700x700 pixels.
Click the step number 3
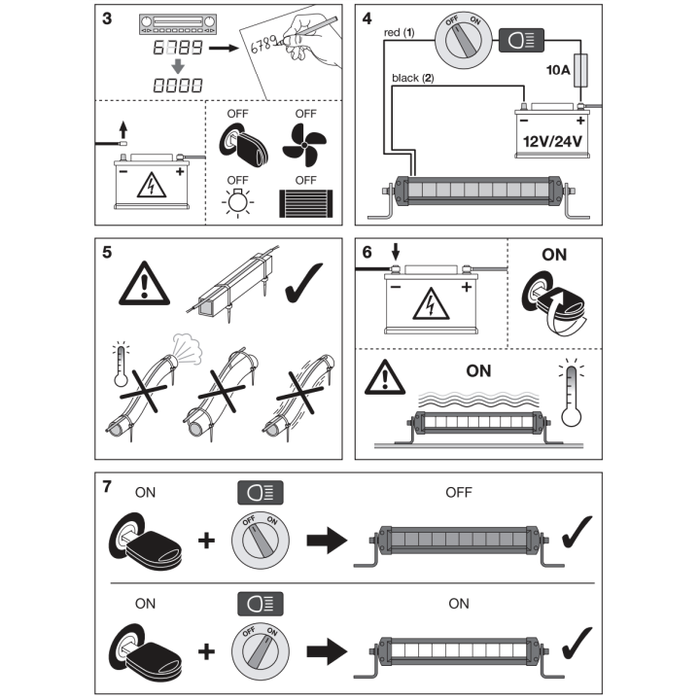[x=107, y=18]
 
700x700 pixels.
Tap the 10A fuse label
[x=558, y=70]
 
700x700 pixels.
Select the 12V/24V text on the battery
[x=552, y=142]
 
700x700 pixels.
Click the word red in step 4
[x=392, y=33]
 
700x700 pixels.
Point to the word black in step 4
[x=405, y=78]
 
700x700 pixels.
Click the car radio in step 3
[x=178, y=23]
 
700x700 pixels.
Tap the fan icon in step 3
[x=305, y=145]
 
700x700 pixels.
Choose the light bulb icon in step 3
[x=237, y=202]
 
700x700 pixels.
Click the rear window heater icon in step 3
[x=306, y=203]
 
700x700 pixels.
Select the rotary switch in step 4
[x=464, y=40]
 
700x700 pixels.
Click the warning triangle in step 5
[x=144, y=284]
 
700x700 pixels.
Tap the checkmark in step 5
[x=303, y=283]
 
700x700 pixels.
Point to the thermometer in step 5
[x=121, y=364]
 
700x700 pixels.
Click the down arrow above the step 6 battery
[x=396, y=252]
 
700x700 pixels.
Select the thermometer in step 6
[x=571, y=392]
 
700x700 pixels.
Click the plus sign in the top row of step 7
[x=206, y=541]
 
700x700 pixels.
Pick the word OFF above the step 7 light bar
[x=459, y=492]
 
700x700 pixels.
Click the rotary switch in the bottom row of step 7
[x=261, y=651]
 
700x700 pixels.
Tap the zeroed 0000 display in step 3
[x=178, y=86]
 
